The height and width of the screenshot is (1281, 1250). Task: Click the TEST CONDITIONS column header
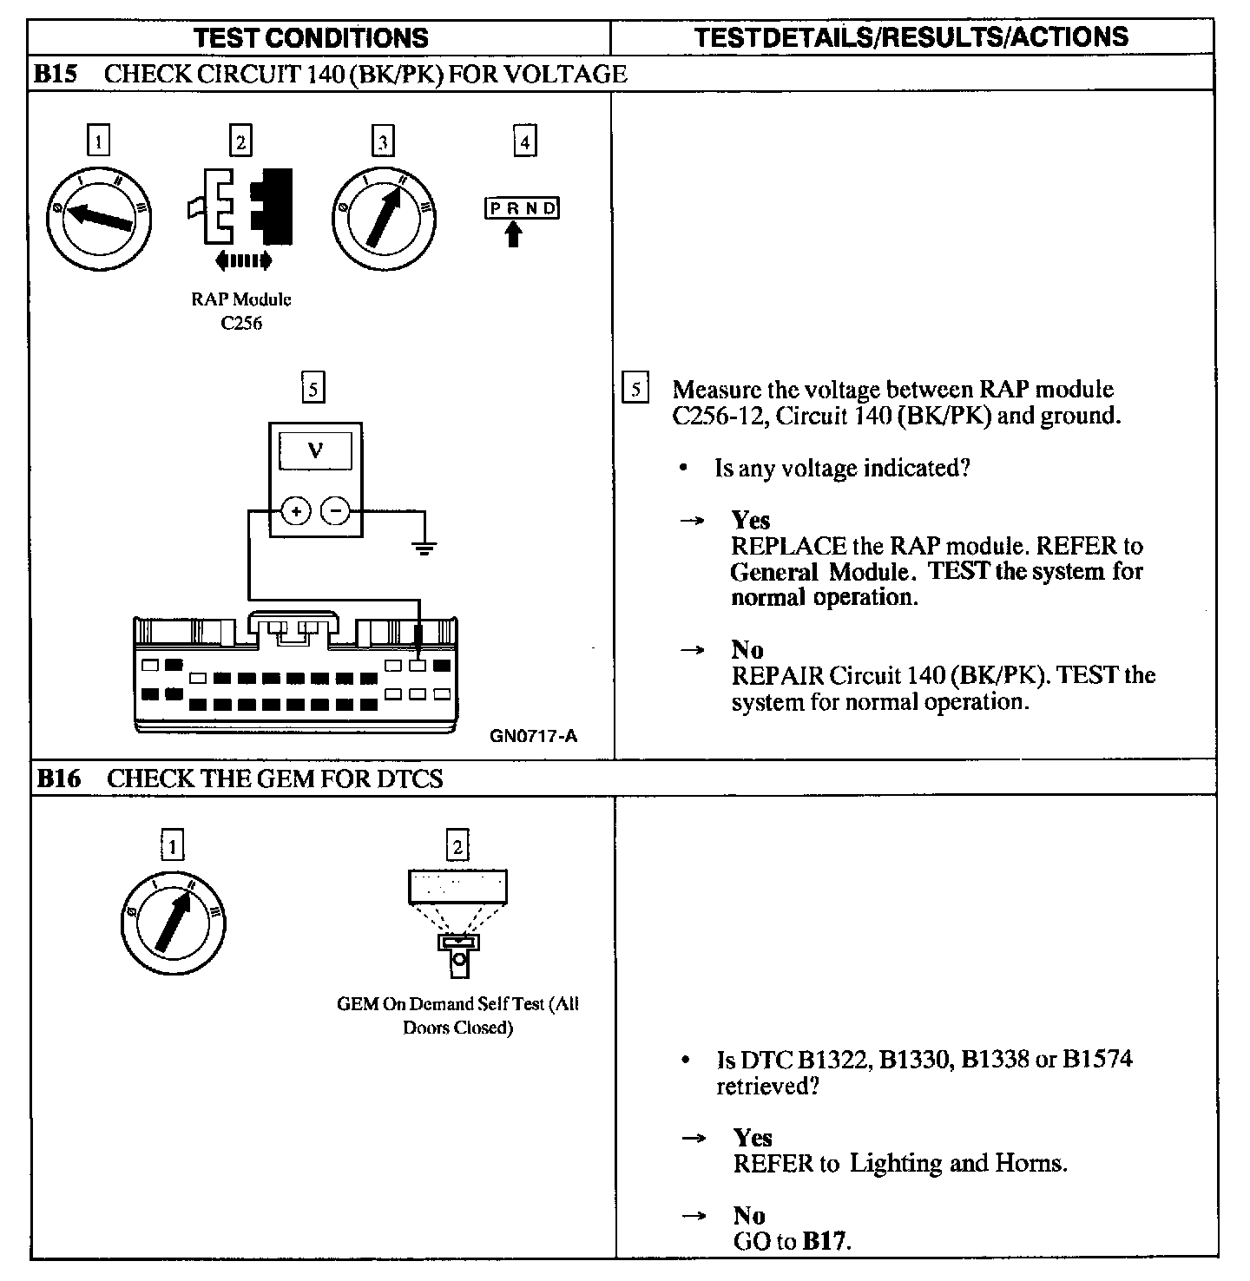[x=311, y=37]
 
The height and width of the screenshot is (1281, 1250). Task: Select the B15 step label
[x=56, y=74]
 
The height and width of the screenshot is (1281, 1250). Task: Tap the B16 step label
[x=57, y=778]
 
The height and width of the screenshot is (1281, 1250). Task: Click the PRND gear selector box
[x=521, y=208]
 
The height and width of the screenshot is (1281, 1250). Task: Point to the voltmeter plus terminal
[x=296, y=512]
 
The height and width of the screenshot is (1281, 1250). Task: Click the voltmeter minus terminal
[x=335, y=512]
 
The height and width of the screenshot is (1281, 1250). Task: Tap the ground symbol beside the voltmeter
[x=424, y=547]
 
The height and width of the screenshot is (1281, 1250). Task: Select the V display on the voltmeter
[x=316, y=451]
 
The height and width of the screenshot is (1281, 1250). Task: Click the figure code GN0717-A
[x=533, y=736]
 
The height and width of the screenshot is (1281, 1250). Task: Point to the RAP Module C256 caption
[x=241, y=312]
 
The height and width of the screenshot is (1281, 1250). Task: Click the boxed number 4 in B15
[x=524, y=141]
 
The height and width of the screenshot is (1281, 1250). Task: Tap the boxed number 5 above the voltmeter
[x=312, y=386]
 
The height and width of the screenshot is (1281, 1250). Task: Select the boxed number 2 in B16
[x=457, y=845]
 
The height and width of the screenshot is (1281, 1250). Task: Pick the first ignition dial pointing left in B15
[x=98, y=216]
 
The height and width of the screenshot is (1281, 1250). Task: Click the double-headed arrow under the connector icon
[x=242, y=259]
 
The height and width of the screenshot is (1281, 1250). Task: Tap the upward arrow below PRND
[x=514, y=233]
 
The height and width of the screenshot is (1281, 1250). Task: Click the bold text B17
[x=823, y=1241]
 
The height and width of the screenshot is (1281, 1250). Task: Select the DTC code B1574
[x=1097, y=1059]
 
